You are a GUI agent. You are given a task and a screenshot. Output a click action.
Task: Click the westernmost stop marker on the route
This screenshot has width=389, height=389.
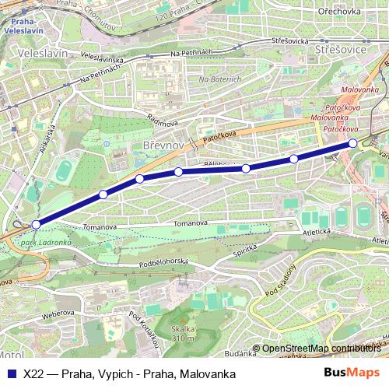click(36, 224)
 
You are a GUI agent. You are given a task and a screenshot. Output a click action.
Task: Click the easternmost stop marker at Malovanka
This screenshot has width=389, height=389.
click(352, 142)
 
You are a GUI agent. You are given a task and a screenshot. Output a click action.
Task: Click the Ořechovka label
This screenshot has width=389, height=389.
click(338, 12)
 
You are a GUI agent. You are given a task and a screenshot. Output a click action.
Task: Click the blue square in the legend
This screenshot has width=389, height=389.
click(11, 373)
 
